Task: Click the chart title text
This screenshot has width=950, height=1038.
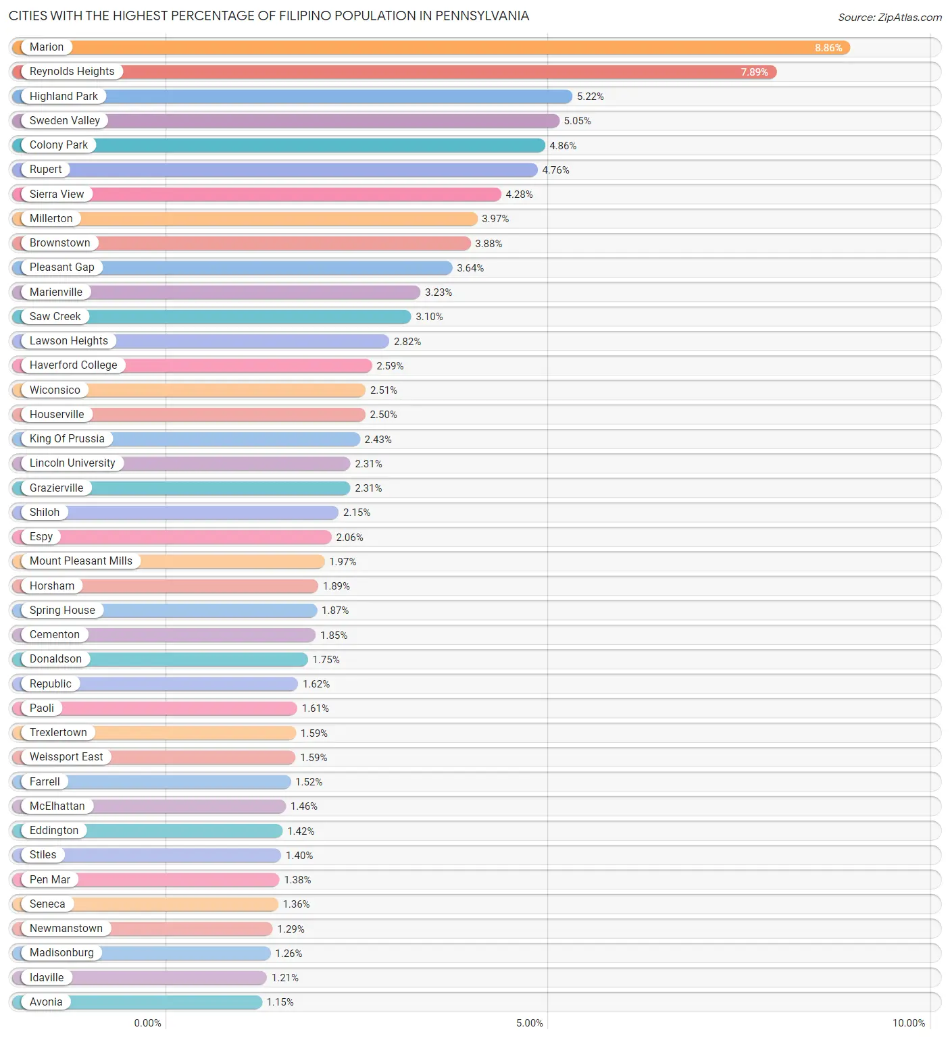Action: click(x=268, y=16)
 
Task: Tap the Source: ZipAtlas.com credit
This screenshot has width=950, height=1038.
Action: click(x=889, y=18)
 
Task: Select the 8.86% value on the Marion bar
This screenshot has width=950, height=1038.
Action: click(x=828, y=48)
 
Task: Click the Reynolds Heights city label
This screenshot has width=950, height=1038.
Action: click(x=72, y=72)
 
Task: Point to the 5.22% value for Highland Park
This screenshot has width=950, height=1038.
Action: click(x=590, y=97)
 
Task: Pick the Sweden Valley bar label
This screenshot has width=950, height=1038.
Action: click(x=64, y=121)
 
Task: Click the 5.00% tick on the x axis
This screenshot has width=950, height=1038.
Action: click(x=529, y=1022)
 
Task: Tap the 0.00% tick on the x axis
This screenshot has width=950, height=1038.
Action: click(x=147, y=1022)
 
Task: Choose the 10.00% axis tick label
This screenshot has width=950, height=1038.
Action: click(x=908, y=1022)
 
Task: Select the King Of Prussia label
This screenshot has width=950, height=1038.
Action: click(x=67, y=439)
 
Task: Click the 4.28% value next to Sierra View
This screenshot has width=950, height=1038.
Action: click(x=519, y=194)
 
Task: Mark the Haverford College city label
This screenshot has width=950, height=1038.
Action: click(x=73, y=365)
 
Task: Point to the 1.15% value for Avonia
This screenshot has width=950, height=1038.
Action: click(x=280, y=1002)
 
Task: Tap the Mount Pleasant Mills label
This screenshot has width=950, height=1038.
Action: click(x=80, y=561)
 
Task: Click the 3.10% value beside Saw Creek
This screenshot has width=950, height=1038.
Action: click(x=429, y=317)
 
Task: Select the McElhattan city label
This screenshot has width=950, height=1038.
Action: click(x=57, y=806)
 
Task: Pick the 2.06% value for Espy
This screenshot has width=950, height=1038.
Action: click(x=349, y=538)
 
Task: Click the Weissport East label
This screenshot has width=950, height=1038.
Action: click(x=66, y=757)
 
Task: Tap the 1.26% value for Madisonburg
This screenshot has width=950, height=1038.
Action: click(x=289, y=954)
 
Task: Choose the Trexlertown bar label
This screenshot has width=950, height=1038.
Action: click(x=58, y=733)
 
